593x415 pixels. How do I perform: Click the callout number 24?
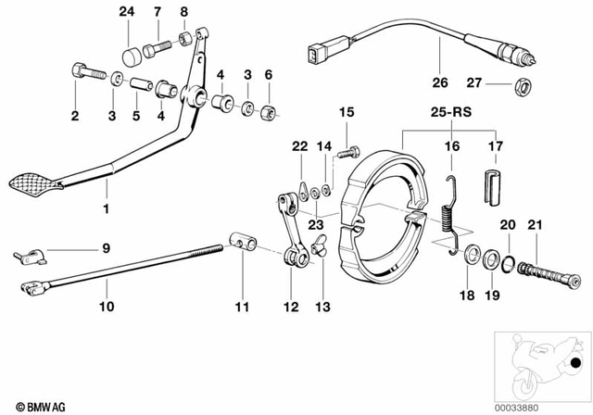point(125,12)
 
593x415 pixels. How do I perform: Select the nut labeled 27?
point(522,87)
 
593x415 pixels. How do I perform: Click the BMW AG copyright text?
point(30,406)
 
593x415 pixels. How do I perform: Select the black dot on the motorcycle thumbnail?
point(577,362)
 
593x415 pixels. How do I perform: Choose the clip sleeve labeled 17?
point(492,185)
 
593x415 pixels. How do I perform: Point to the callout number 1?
point(105,209)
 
